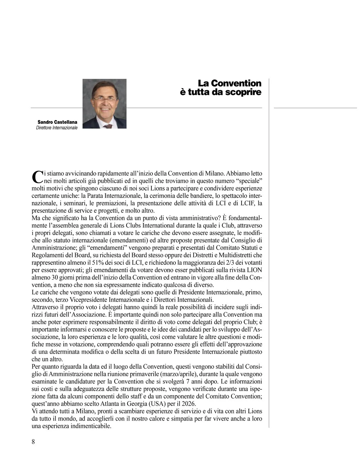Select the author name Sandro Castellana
point(57,122)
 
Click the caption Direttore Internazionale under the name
point(57,128)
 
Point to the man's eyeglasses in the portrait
point(104,99)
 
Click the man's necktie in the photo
point(108,126)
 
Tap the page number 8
point(33,442)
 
